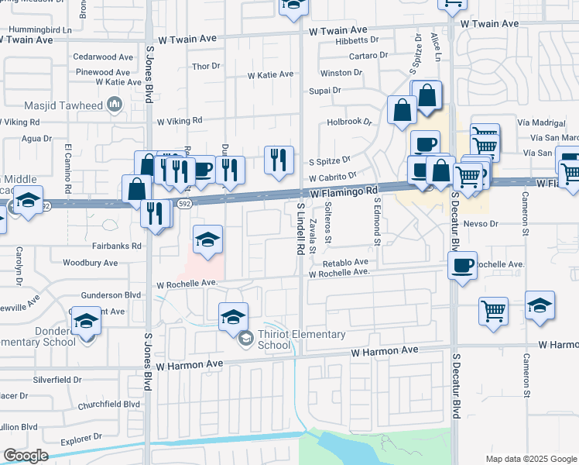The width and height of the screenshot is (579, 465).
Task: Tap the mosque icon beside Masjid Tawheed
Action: (115, 104)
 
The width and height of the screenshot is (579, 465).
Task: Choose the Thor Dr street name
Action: (206, 67)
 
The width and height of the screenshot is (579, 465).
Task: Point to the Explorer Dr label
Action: (81, 439)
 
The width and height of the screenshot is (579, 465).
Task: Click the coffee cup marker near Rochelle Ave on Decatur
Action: (462, 266)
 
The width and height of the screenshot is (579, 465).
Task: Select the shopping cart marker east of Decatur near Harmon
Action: (493, 312)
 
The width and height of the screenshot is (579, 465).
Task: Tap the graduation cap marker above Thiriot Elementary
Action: (233, 316)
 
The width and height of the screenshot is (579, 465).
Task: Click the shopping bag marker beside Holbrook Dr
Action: (402, 111)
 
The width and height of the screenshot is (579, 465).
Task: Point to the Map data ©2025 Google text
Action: (530, 459)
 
